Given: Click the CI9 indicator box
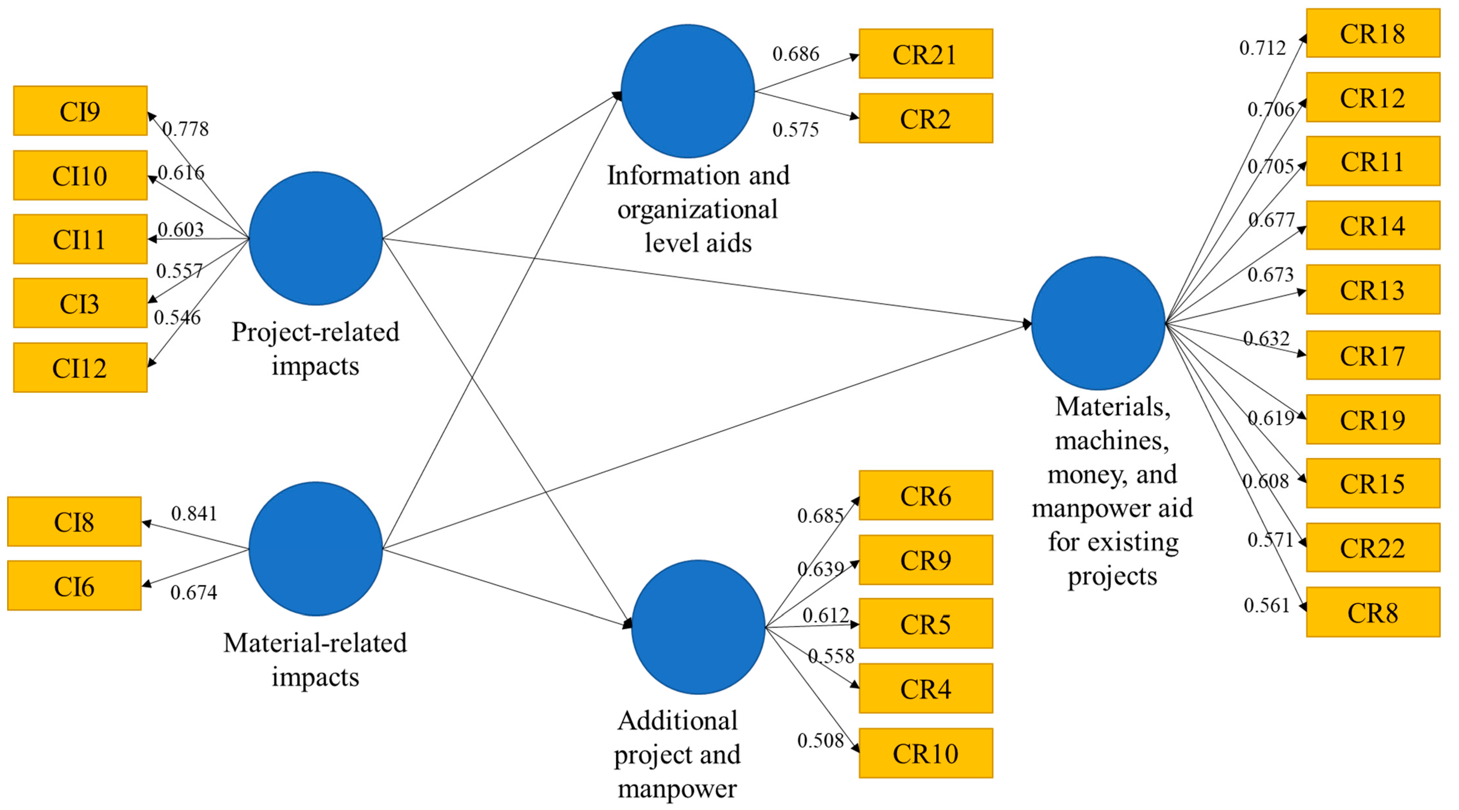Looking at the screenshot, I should pos(80,111).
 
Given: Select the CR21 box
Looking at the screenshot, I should pos(925,54).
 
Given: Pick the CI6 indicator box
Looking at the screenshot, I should pos(74,586).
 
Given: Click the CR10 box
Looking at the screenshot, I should pos(925,753).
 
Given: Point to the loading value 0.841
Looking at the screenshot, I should pos(194,513).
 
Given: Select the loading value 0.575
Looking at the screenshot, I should pos(795,130).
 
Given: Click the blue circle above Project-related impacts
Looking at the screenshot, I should pos(316,238).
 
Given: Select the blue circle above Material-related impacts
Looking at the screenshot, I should pos(316,548).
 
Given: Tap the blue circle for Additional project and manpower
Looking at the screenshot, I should pos(698,627).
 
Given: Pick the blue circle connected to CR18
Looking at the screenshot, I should pos(1098,323).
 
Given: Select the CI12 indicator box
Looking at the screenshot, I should pos(80,368).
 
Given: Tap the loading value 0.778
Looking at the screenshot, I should pos(186,129).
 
